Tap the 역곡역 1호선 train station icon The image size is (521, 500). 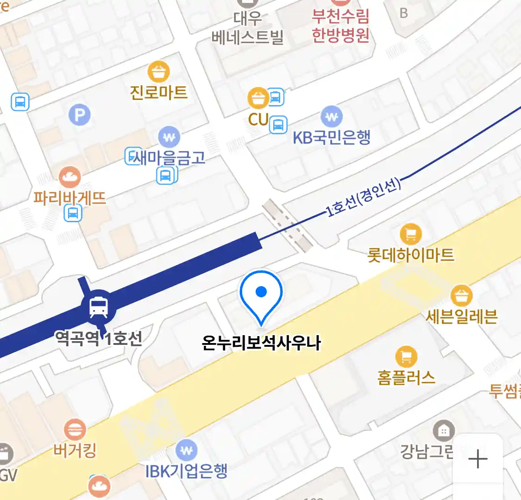(99, 306)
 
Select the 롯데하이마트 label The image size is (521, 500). (410, 255)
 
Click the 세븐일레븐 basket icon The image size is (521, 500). (461, 295)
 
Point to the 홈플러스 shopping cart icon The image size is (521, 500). (406, 356)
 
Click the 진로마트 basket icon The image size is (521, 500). (158, 72)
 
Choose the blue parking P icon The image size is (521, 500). (80, 115)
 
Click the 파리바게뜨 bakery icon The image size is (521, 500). (70, 177)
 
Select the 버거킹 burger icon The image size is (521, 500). (75, 429)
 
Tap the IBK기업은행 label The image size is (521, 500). (186, 471)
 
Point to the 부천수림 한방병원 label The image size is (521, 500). (340, 26)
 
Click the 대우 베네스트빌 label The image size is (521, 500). (247, 28)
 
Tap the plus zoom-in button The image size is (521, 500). (477, 459)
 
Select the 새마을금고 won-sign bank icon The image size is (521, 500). (169, 137)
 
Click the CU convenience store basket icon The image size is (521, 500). (258, 98)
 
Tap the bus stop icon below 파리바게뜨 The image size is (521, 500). (73, 213)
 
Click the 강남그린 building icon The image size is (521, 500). (444, 431)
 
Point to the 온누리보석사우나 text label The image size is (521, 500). (261, 343)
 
